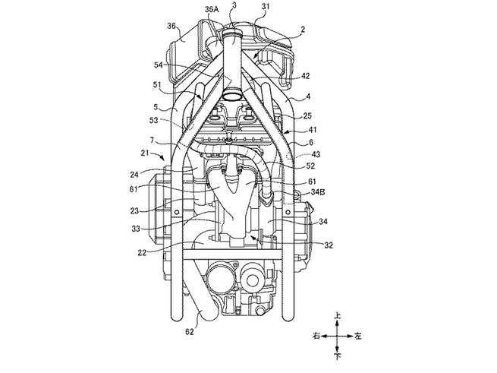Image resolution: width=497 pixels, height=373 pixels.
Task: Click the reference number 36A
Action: tap(212, 10)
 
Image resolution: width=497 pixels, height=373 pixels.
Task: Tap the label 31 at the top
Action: tap(266, 6)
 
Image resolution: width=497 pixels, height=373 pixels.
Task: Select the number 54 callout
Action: tap(159, 65)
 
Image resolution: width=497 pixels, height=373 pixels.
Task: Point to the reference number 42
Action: tap(306, 76)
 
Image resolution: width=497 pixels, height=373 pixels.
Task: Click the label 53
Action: tap(154, 120)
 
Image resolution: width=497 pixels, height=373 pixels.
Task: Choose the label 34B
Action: tap(318, 192)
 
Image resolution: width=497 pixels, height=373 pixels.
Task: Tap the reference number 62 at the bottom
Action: tap(189, 332)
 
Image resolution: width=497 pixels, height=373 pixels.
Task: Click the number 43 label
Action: tap(316, 154)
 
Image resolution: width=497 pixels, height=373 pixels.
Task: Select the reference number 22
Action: tap(143, 253)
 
